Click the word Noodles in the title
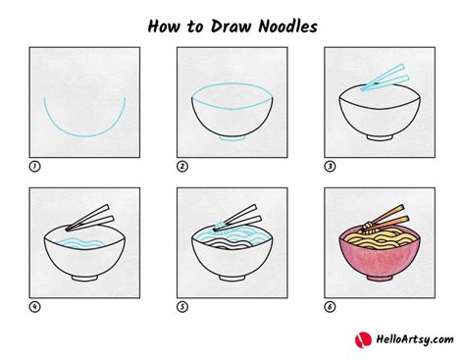287,26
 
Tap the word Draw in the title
232,26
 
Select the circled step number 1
34,167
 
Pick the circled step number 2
182,167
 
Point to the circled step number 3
330,167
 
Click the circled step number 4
34,307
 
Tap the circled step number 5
182,307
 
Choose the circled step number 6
330,307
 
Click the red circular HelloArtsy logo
363,339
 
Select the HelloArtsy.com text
415,339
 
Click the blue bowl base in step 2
232,138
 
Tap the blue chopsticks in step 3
386,77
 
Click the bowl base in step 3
380,137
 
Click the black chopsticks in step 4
89,218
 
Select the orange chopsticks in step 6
387,218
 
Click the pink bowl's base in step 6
380,278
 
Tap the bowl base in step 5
232,278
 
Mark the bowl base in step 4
84,278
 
